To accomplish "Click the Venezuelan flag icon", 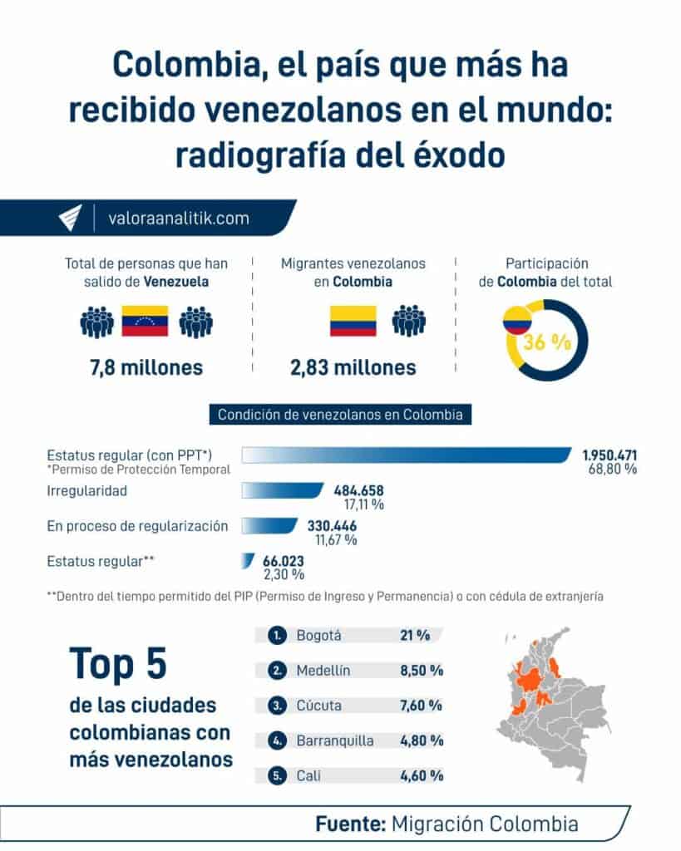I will point(145,321).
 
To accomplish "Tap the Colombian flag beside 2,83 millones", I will point(353,321).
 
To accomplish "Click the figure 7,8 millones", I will point(146,367).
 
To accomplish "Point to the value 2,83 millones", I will point(353,367).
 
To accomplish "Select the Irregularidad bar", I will point(282,491).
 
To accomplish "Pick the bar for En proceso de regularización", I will point(269,526).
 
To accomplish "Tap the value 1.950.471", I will point(609,455).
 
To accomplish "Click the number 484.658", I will point(358,491).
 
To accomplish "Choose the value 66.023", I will point(284,561).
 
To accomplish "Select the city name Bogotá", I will point(318,636).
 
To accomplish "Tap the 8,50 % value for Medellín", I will point(422,671).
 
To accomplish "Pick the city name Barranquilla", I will point(335,740).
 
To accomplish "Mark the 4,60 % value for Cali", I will point(422,775).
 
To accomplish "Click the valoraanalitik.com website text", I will point(179,219).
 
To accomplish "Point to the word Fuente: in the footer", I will point(349,824).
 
